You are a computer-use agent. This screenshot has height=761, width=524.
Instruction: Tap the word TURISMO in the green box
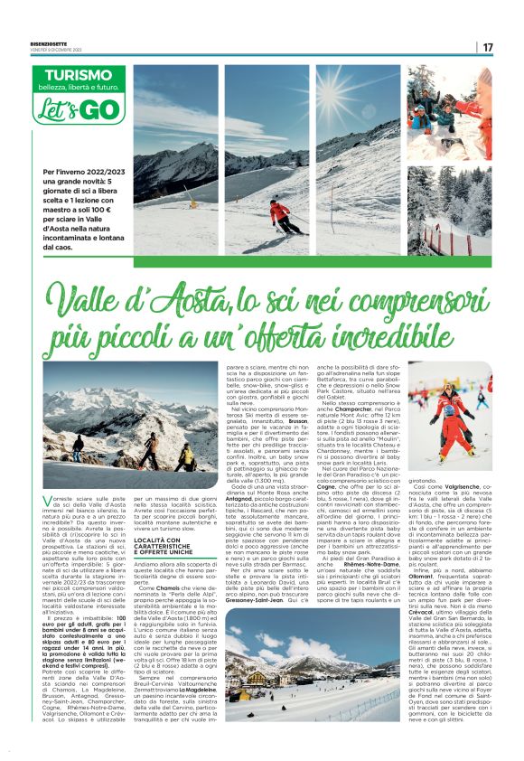[84, 75]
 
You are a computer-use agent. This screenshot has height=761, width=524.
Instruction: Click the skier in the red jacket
[281, 215]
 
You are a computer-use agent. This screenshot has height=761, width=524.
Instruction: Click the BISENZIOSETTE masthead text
[51, 42]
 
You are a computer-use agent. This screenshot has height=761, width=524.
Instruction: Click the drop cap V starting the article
[49, 499]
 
